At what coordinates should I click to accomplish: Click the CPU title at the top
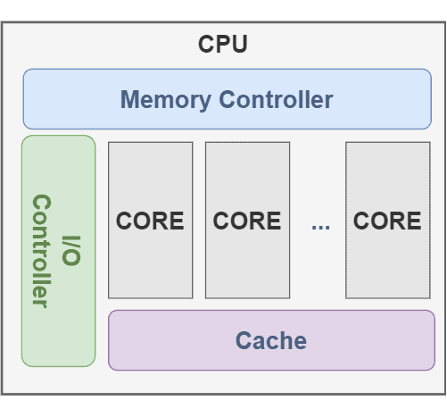click(223, 45)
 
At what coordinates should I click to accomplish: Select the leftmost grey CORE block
click(150, 268)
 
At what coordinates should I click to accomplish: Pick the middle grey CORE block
click(247, 268)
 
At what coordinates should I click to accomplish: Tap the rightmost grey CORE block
click(387, 268)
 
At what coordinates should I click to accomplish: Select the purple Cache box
click(271, 357)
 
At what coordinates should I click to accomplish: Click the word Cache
click(271, 340)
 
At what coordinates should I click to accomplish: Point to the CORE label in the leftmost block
click(150, 221)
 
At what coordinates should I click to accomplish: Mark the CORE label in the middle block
click(247, 221)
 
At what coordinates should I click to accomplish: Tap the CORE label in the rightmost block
click(387, 221)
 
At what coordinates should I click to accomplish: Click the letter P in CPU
click(223, 45)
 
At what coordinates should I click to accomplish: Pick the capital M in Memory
click(131, 99)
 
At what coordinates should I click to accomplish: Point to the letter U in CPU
click(240, 45)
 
